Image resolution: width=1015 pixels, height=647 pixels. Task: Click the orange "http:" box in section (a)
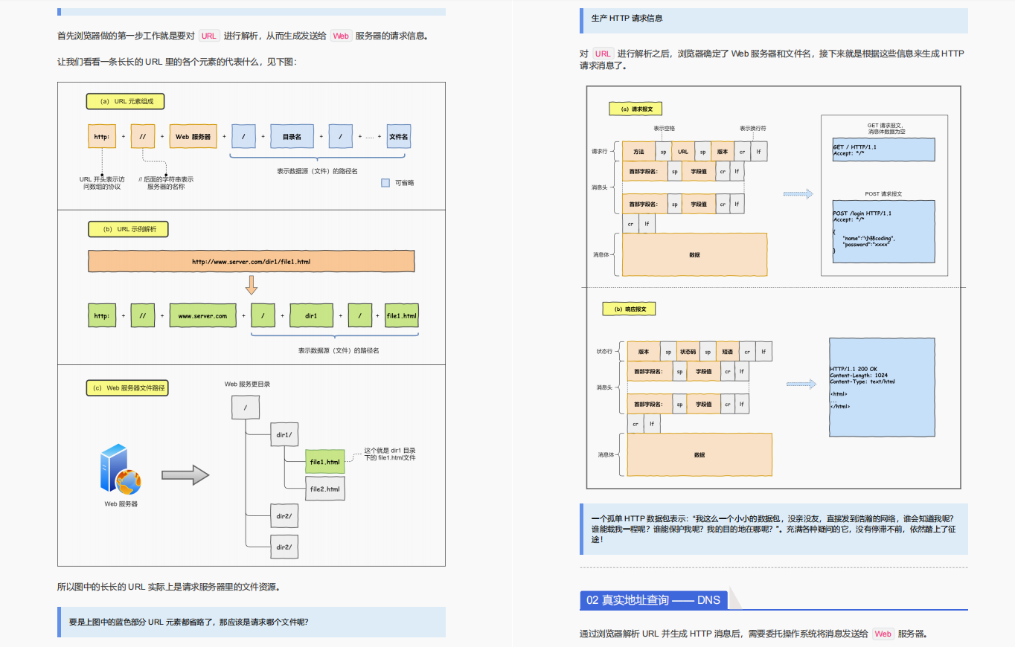coord(101,137)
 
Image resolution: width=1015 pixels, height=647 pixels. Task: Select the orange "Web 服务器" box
coord(193,137)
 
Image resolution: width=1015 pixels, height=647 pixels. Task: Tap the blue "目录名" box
coord(291,137)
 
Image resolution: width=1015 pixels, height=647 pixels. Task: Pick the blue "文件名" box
coord(399,137)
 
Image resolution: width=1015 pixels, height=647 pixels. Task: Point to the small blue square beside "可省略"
coord(385,182)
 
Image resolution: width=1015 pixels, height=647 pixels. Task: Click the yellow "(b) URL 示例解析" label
coord(128,229)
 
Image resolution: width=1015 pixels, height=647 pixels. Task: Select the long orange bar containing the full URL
coord(251,261)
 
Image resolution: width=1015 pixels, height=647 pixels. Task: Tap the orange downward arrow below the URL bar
coord(251,285)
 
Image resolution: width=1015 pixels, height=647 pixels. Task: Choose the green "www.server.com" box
coord(202,315)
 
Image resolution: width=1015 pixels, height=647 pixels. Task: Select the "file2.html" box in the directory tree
coord(325,489)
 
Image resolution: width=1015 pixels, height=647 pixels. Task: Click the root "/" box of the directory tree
coord(246,408)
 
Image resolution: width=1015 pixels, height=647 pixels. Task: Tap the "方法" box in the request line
coord(638,152)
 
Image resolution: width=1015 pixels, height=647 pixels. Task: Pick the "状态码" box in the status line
coord(688,352)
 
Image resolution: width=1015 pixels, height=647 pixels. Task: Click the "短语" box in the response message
coord(727,352)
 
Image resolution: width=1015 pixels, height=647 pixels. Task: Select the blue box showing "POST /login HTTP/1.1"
coord(883,231)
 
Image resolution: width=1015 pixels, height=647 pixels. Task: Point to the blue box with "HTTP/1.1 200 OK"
coord(882,387)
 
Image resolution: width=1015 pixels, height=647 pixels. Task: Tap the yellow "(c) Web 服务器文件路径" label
coord(127,387)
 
